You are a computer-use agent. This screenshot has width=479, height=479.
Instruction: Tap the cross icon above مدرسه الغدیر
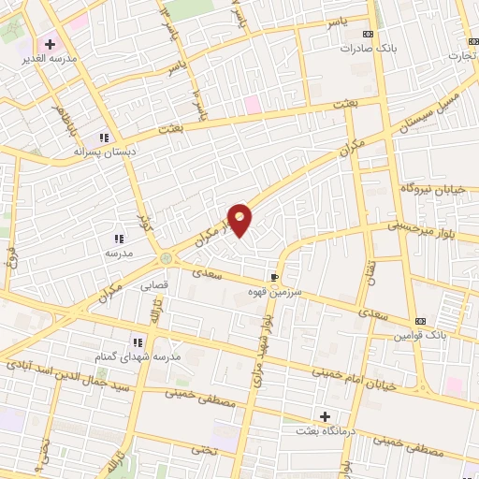[x=51, y=44]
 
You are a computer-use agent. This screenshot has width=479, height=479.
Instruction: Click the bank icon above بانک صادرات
[x=368, y=34]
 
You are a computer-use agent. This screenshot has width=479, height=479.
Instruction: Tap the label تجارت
[x=460, y=55]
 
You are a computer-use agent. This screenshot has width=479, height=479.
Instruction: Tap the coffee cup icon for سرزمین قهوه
[x=274, y=277]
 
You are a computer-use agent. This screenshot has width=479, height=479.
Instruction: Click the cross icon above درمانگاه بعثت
[x=325, y=415]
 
